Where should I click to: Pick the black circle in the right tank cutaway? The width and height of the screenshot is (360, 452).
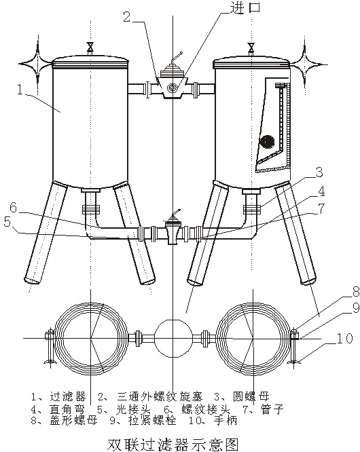coord(266,141)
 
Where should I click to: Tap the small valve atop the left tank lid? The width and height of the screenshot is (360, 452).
coord(90,48)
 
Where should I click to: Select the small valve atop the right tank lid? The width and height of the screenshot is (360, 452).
coord(251,48)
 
